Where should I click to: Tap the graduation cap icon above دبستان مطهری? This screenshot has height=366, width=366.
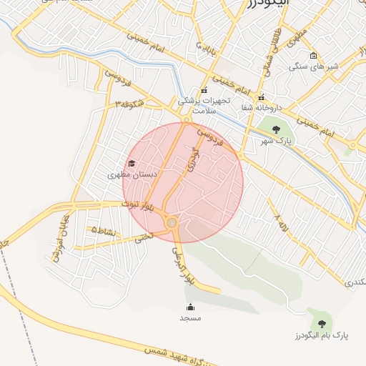coord(131,164)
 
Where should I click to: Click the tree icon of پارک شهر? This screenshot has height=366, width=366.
coord(277,129)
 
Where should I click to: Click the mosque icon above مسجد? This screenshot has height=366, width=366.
coord(190,307)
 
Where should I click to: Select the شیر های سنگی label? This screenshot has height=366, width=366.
coord(314,66)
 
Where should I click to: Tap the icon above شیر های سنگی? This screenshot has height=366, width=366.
coord(313,56)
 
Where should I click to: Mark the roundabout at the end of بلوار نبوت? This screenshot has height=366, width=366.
coord(172,224)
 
